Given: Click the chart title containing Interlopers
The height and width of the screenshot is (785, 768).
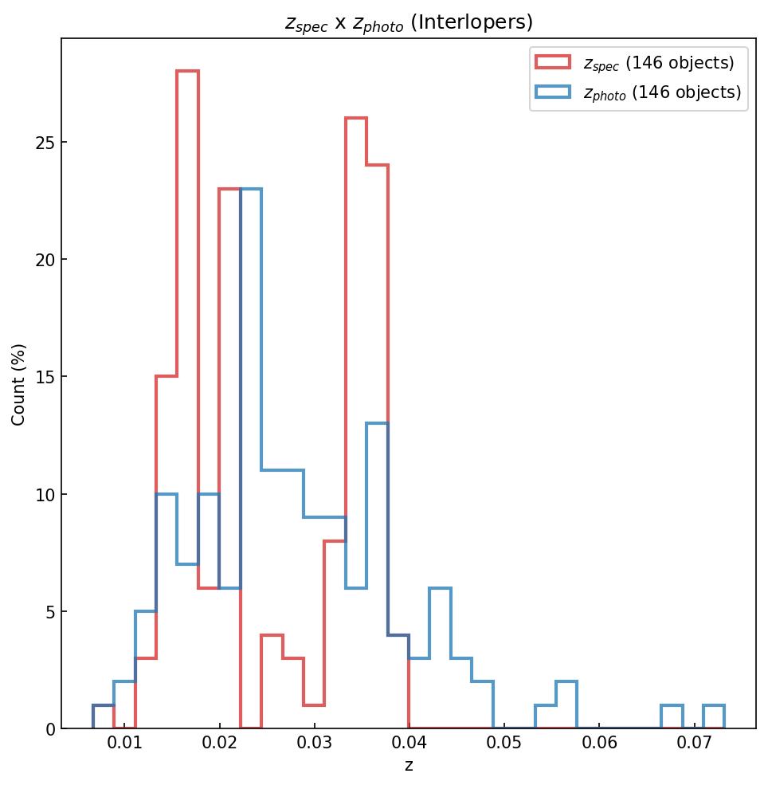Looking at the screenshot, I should click(409, 22).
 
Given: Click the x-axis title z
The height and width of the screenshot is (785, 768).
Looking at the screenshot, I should click(409, 767).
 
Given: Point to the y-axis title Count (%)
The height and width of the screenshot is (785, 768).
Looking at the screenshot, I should click(19, 384).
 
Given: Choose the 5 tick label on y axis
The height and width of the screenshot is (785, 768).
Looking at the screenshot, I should click(49, 612).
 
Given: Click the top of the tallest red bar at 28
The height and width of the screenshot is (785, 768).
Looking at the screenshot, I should click(187, 72).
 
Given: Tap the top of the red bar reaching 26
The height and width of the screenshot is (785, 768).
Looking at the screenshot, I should click(356, 119).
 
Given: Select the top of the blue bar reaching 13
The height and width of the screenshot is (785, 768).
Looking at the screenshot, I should click(377, 424).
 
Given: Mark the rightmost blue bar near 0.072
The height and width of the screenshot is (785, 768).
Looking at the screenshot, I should click(714, 706).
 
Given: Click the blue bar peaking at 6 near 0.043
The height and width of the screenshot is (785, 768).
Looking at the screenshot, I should click(441, 588).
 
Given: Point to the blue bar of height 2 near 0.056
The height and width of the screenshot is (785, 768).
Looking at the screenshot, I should click(566, 682).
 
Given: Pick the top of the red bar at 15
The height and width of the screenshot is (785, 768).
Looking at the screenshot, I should click(167, 377).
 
